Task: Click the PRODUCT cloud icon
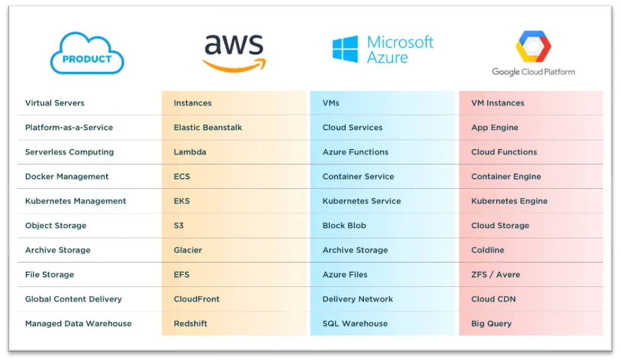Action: tap(87, 54)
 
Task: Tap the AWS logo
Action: tap(234, 52)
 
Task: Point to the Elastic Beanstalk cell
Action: tap(208, 128)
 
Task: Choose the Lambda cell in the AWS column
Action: tap(190, 152)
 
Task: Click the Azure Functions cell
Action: tap(355, 152)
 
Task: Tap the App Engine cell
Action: tap(495, 128)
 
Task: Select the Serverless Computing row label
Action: tap(70, 152)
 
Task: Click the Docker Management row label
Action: tap(67, 177)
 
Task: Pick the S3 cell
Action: tap(180, 225)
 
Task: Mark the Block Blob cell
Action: tap(344, 225)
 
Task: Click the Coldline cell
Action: tap(488, 250)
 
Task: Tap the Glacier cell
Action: tap(188, 250)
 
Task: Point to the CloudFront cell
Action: tap(197, 299)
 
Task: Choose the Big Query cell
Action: tap(492, 324)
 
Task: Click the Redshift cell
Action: tap(191, 324)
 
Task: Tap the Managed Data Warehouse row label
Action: tap(78, 324)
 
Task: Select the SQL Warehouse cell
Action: tap(355, 324)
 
